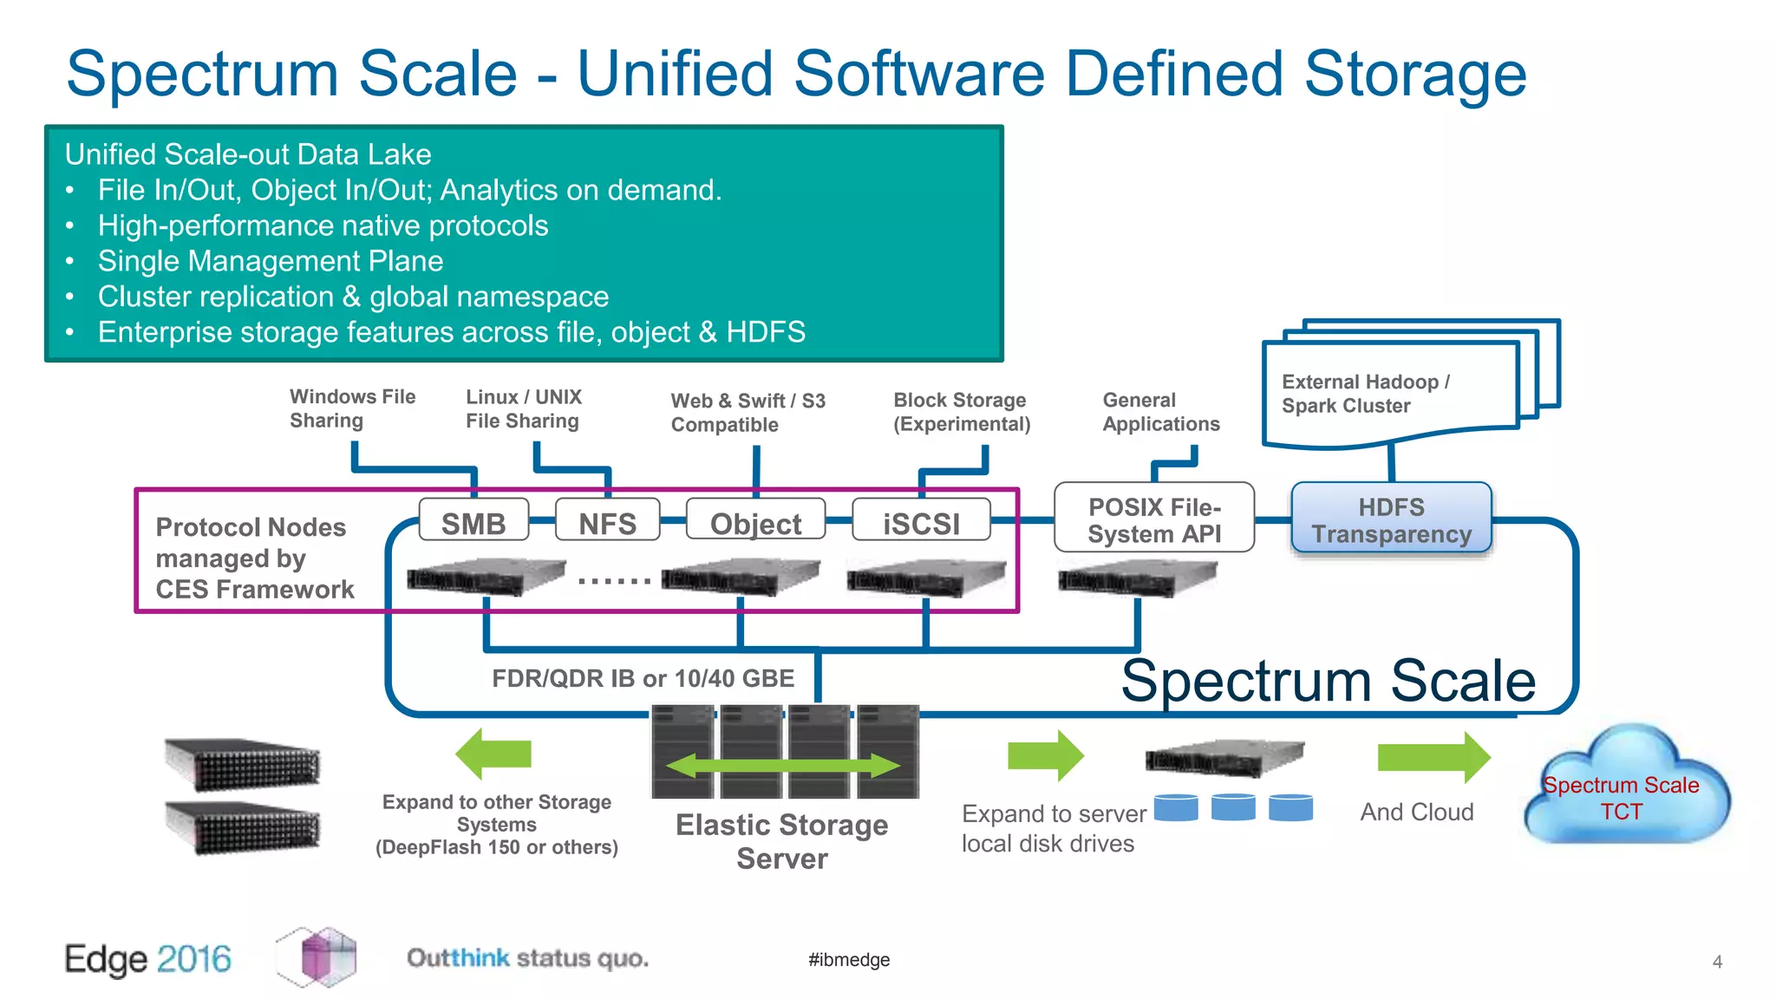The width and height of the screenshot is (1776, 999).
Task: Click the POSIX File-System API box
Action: (1153, 519)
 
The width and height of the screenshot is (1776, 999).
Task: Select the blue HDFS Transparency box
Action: (1391, 519)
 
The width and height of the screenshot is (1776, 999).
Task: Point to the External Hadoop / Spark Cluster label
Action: (1365, 394)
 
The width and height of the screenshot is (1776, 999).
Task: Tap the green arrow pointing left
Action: (493, 754)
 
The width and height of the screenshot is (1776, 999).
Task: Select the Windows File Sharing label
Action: (352, 408)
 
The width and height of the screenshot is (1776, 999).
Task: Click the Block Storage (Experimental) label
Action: (961, 412)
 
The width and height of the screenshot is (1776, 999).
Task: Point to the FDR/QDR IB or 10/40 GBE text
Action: (643, 678)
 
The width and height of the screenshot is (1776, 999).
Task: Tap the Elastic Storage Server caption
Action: (781, 840)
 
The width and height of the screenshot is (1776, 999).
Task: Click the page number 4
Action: (1717, 962)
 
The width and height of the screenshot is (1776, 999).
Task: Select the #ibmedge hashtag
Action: (849, 959)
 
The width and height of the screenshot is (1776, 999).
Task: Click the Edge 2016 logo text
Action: (148, 959)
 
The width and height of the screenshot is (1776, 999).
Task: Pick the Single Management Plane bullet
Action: (270, 261)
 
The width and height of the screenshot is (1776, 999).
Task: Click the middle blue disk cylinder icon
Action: (1233, 807)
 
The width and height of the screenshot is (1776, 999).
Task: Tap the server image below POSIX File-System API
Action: (1137, 578)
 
